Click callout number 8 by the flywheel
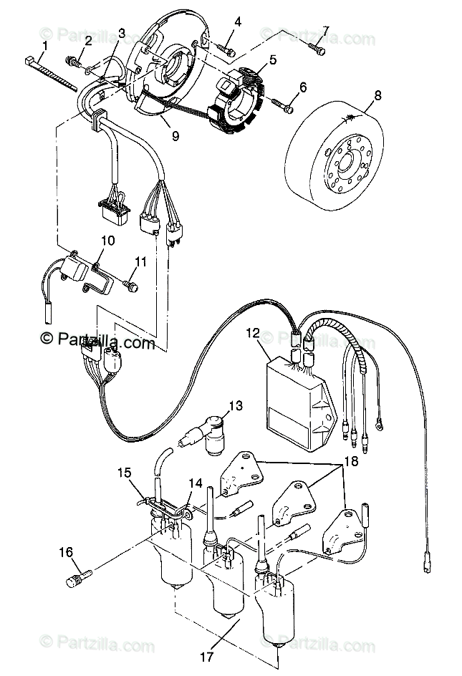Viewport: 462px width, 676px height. pos(377,93)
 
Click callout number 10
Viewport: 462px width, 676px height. pos(107,241)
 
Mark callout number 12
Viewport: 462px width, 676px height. pos(252,332)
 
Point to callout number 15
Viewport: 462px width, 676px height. pos(125,472)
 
